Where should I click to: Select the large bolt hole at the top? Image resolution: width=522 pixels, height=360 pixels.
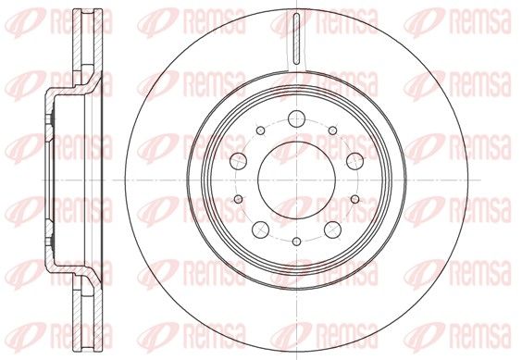pos(296,118)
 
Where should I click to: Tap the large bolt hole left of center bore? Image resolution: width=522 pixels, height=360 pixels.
pos(239,161)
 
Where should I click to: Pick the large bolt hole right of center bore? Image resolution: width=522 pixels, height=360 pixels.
pos(354,161)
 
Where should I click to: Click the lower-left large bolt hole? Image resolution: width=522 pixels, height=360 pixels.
pos(261,230)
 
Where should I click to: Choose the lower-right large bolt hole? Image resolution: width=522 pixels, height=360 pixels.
pos(332,230)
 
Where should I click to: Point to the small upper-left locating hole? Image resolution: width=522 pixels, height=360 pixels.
pos(261,130)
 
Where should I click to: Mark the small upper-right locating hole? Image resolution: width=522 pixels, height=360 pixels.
pos(332,130)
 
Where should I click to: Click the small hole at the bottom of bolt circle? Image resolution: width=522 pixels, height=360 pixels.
pos(296,242)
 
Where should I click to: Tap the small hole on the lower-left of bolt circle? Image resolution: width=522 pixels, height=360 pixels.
pos(239,199)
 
